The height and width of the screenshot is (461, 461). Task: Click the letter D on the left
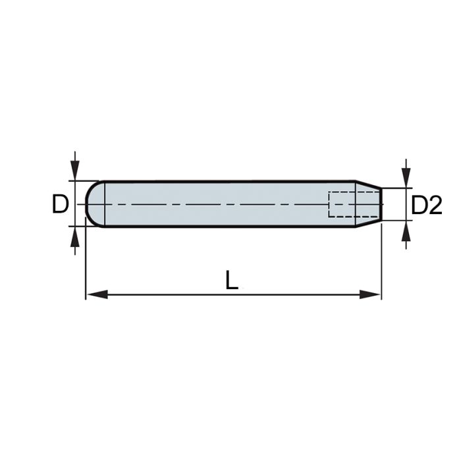[x=60, y=205]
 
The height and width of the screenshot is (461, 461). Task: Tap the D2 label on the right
[x=426, y=205]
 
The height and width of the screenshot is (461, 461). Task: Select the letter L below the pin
[x=231, y=281]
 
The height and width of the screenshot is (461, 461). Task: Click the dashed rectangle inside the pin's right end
[x=342, y=204]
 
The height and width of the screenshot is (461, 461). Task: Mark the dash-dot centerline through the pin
[x=217, y=205]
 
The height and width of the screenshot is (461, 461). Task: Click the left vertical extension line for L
[x=86, y=263]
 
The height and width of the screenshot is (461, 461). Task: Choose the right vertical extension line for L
[x=381, y=263]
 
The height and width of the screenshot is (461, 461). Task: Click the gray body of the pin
[x=217, y=194]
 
